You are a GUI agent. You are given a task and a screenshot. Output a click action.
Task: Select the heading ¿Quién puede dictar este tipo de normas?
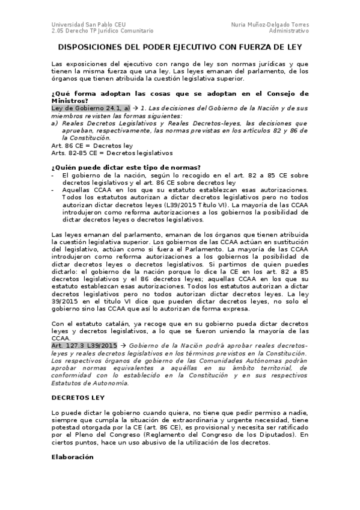pyautogui.click(x=126, y=167)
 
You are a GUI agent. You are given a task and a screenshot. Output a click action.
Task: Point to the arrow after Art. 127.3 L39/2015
pyautogui.click(x=123, y=346)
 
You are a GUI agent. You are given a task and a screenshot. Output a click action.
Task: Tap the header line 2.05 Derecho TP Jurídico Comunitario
pyautogui.click(x=102, y=31)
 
